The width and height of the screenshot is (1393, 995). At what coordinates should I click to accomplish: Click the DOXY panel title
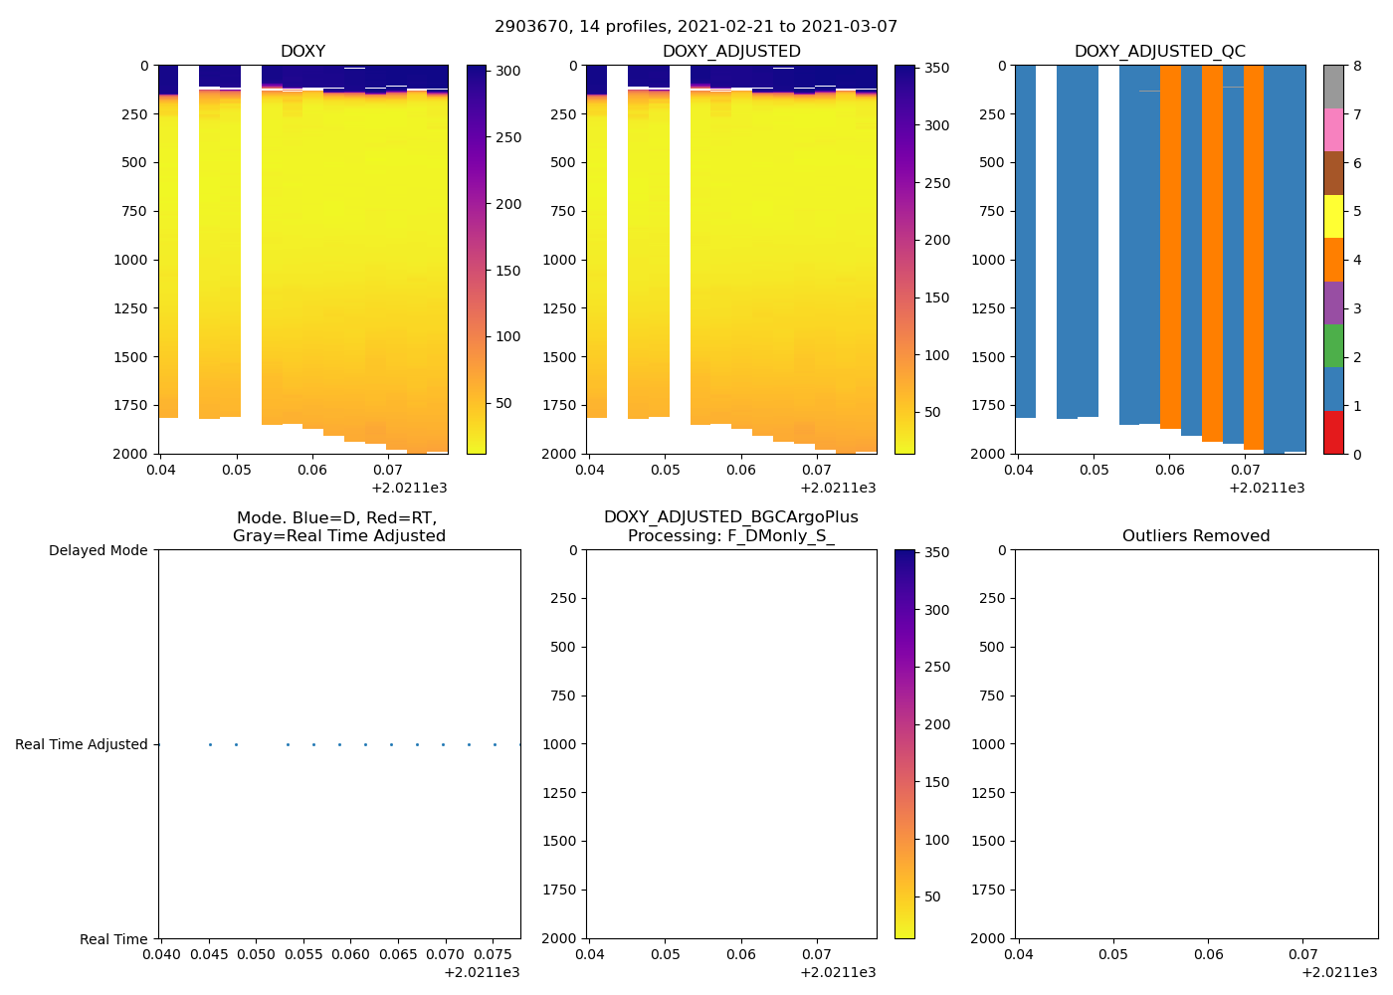[302, 51]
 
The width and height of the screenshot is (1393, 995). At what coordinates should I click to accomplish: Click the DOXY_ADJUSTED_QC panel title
[1159, 51]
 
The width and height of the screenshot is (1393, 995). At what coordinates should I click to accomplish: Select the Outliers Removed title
[1196, 535]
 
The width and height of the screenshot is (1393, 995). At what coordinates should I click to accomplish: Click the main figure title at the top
[696, 27]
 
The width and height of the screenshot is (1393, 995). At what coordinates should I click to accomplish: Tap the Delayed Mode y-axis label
[98, 550]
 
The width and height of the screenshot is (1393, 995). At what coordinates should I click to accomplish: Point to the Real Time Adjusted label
[81, 744]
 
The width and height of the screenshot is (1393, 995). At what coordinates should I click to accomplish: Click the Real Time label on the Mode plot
[113, 939]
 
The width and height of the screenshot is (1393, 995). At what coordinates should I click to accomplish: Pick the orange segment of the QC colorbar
[1333, 260]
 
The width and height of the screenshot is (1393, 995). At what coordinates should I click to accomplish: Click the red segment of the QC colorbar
[1333, 433]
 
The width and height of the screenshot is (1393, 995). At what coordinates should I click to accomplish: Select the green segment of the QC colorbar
[1333, 346]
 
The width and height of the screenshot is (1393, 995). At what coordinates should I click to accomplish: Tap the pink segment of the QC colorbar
[1333, 130]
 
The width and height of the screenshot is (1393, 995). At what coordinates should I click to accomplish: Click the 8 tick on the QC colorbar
[1357, 67]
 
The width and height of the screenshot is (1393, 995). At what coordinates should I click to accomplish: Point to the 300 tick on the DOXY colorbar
[508, 71]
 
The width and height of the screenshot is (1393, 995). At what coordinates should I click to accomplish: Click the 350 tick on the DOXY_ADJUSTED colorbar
[936, 69]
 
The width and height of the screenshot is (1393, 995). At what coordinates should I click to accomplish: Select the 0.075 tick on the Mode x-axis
[495, 954]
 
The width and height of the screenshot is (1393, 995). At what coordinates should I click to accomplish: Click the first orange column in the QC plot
[1170, 249]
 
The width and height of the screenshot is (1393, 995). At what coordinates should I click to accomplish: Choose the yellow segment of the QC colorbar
[1333, 216]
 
